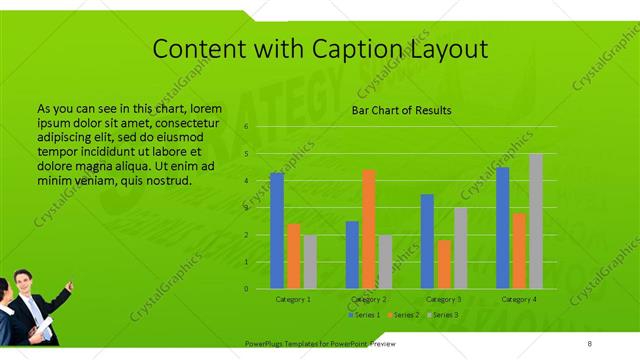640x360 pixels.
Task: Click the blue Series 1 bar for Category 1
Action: tap(277, 230)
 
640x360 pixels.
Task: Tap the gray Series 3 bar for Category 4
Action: tap(536, 221)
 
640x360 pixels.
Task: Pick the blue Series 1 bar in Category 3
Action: tap(427, 241)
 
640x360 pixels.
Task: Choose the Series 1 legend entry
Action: tap(365, 315)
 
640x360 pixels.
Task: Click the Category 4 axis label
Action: tap(519, 299)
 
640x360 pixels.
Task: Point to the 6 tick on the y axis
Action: tap(246, 128)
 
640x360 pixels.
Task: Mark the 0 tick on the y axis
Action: tap(246, 289)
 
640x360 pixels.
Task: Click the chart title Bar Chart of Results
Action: tap(401, 110)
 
